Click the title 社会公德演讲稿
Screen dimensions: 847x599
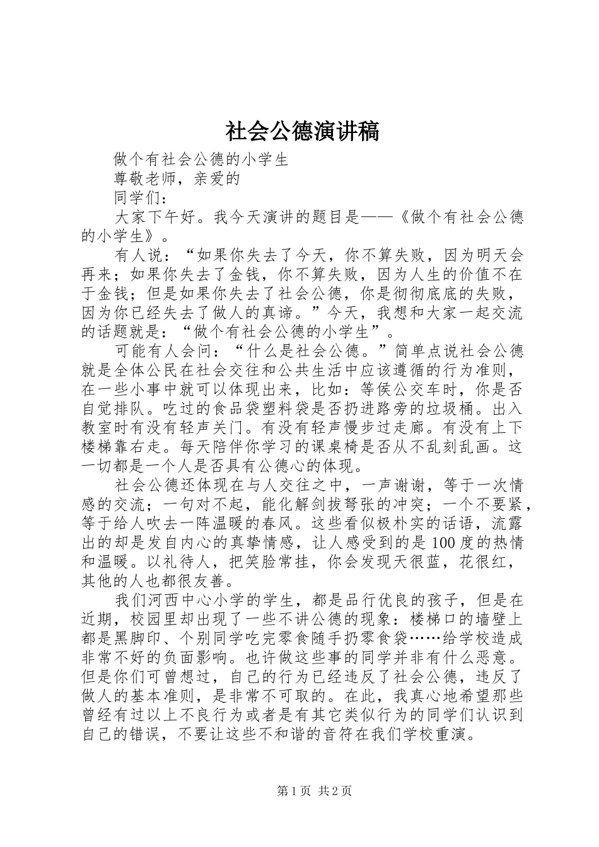[x=302, y=132]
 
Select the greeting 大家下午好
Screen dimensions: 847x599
[x=154, y=218]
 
